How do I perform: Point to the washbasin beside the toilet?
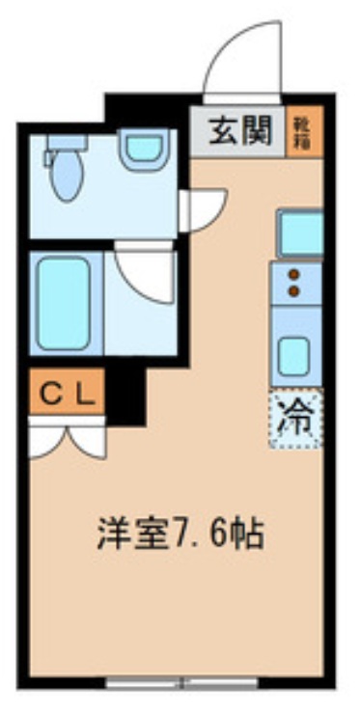click(x=143, y=149)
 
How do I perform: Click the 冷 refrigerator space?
click(x=296, y=420)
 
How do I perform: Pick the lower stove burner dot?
click(x=294, y=288)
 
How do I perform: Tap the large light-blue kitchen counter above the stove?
click(x=300, y=233)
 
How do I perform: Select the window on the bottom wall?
click(x=181, y=685)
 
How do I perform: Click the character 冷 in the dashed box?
click(x=296, y=418)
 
